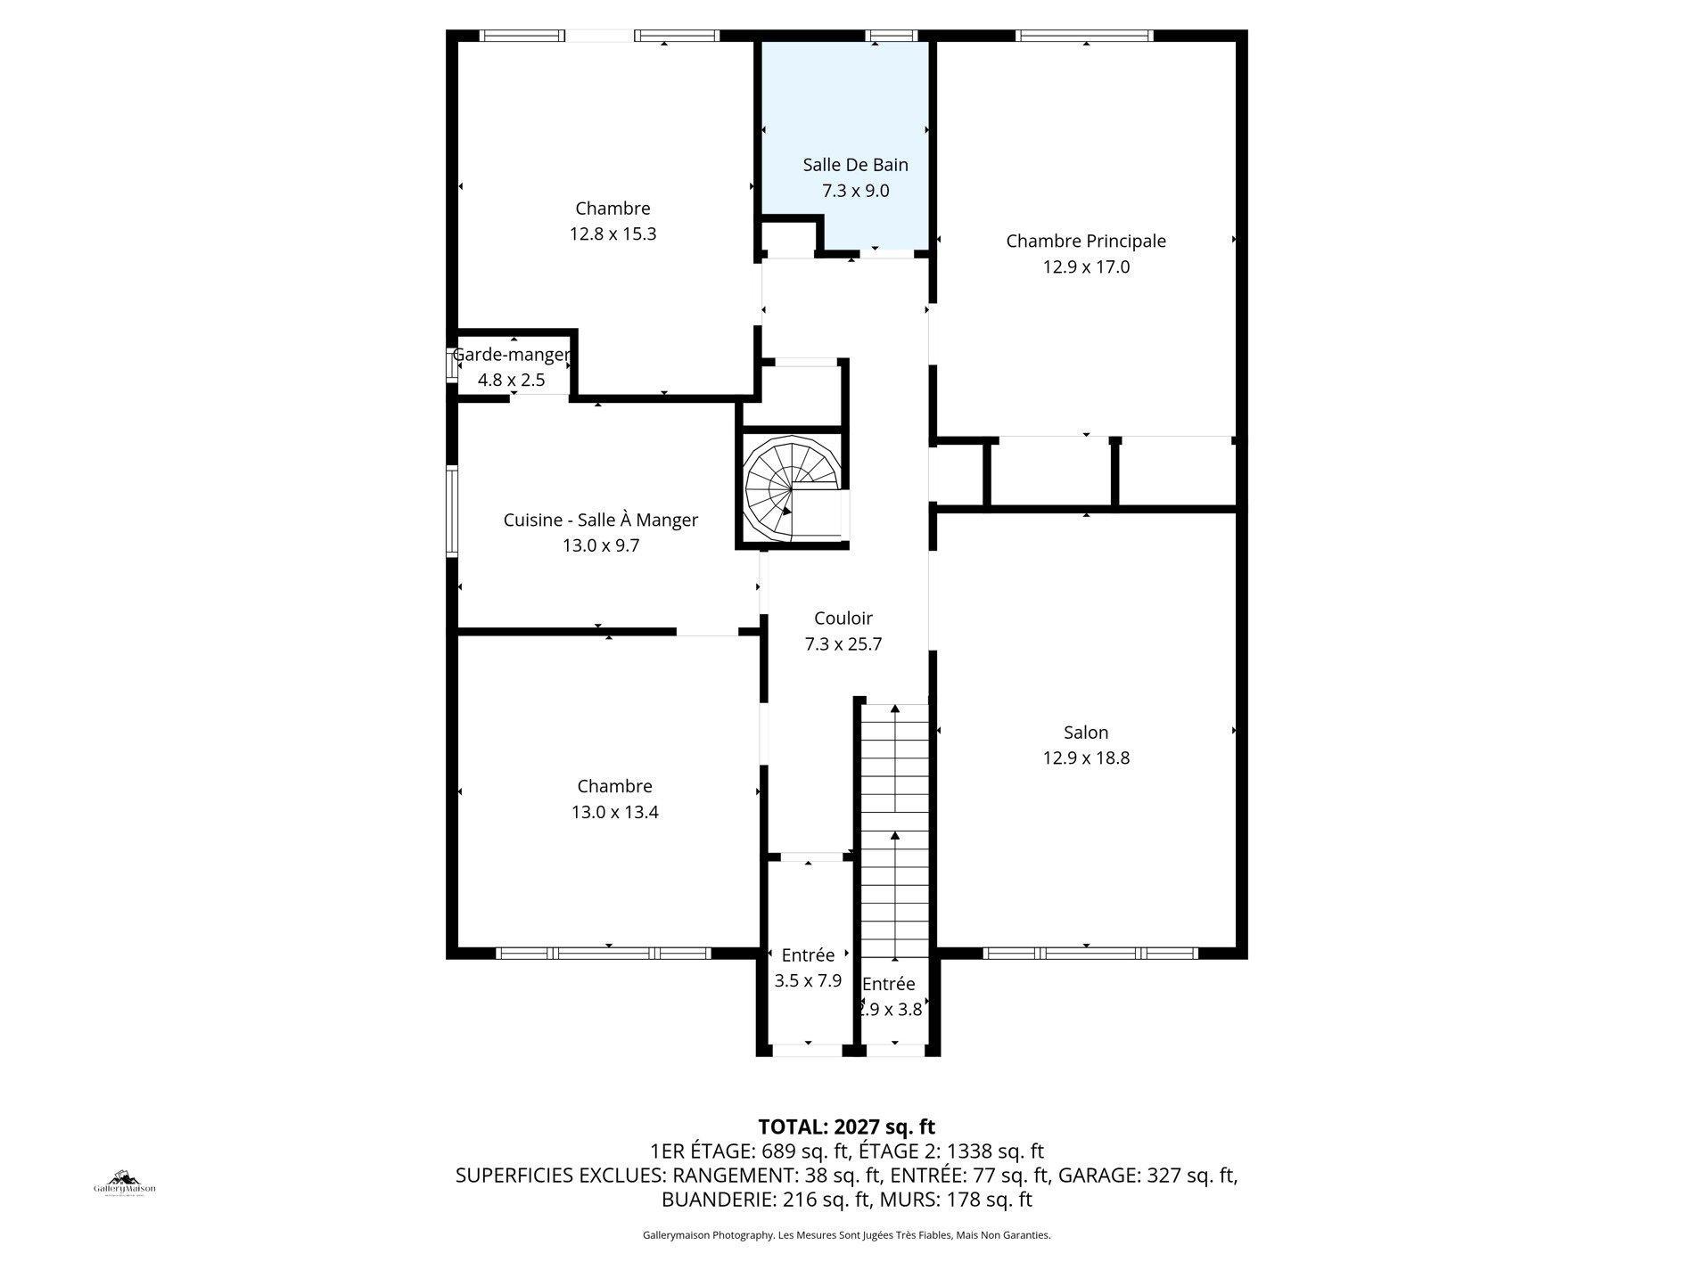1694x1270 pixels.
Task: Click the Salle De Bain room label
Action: pyautogui.click(x=855, y=165)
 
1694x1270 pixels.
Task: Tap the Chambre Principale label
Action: pyautogui.click(x=1085, y=241)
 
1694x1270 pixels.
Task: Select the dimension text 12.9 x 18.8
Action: pyautogui.click(x=1085, y=758)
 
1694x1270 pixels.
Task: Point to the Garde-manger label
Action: pyautogui.click(x=511, y=355)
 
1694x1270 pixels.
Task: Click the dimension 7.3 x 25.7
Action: pyautogui.click(x=843, y=644)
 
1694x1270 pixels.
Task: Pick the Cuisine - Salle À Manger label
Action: pyautogui.click(x=600, y=520)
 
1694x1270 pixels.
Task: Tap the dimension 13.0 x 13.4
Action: pyautogui.click(x=614, y=812)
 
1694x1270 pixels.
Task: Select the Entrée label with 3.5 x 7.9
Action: pyautogui.click(x=808, y=955)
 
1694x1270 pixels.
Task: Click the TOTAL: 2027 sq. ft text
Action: pyautogui.click(x=846, y=1127)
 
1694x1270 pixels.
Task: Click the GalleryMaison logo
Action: pyautogui.click(x=125, y=1184)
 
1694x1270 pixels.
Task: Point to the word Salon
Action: pyautogui.click(x=1085, y=733)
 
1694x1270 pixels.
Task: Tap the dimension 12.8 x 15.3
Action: pyautogui.click(x=613, y=234)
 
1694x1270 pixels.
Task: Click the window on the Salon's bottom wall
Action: pyautogui.click(x=1090, y=953)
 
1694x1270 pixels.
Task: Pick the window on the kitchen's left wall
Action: pyautogui.click(x=452, y=512)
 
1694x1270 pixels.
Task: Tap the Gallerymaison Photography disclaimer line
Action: pyautogui.click(x=846, y=1235)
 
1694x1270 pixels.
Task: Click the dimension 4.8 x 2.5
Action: pyautogui.click(x=511, y=381)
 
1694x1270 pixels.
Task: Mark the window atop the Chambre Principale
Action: pyautogui.click(x=1084, y=36)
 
